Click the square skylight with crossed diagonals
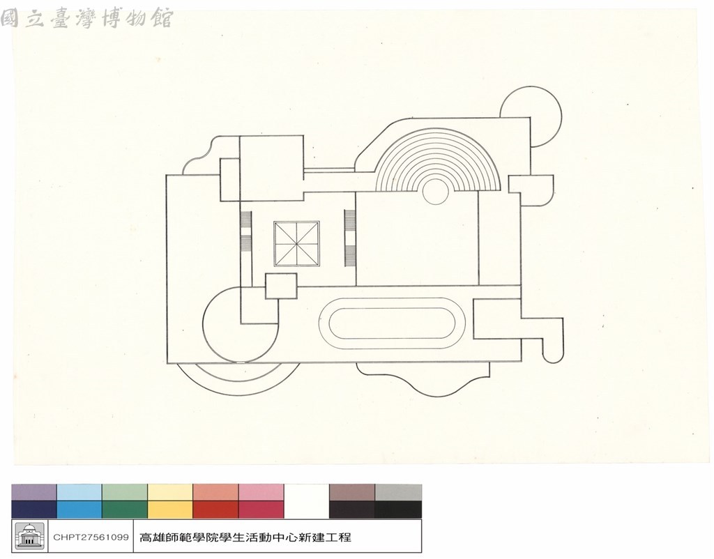click(x=296, y=244)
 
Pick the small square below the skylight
click(x=281, y=286)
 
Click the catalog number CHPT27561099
click(x=91, y=537)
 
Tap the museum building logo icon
click(x=30, y=536)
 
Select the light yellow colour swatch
click(x=170, y=493)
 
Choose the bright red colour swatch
click(x=216, y=510)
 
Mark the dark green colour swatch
click(x=125, y=510)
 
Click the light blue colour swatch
click(x=79, y=493)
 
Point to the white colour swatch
click(x=307, y=500)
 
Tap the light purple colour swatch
click(x=34, y=493)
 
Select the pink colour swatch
click(x=261, y=493)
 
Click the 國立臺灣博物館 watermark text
click(x=86, y=19)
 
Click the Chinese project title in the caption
click(x=245, y=537)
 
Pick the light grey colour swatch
click(x=398, y=493)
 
